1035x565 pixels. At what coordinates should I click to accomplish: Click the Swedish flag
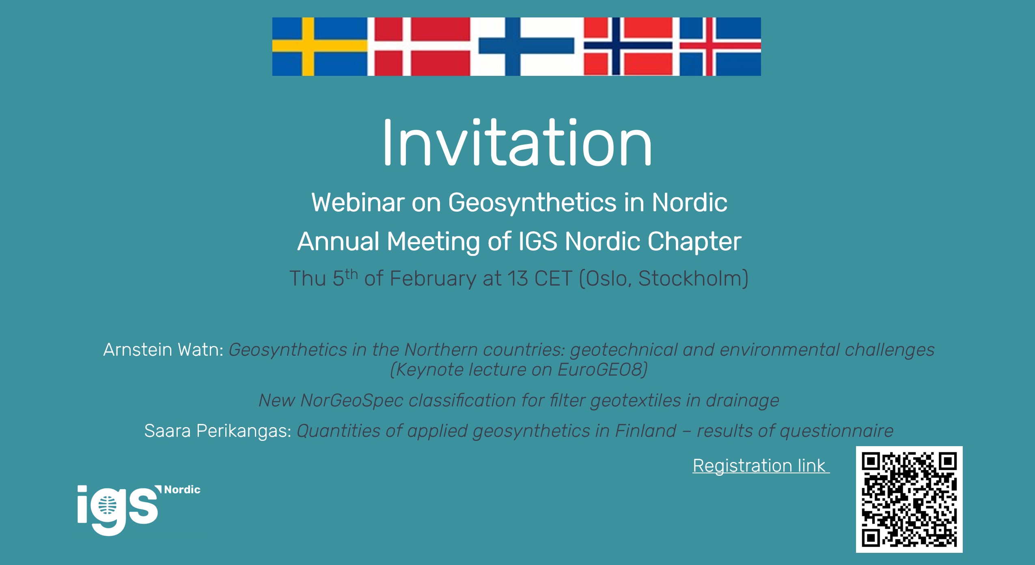tap(320, 47)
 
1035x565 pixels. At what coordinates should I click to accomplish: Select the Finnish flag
tap(527, 47)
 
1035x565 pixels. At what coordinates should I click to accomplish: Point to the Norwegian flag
tap(632, 47)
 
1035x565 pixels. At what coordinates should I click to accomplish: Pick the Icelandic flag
tap(720, 47)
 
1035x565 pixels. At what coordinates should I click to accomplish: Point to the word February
tap(433, 279)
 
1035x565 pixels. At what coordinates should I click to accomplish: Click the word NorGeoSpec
tap(352, 401)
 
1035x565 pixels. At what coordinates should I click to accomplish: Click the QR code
tap(909, 499)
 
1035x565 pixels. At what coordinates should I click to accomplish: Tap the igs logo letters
tap(118, 509)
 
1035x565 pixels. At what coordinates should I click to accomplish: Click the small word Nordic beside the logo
tap(182, 490)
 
